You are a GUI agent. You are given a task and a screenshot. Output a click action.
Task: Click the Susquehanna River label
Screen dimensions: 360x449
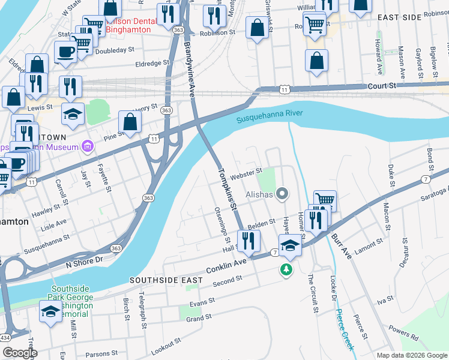pos(269,116)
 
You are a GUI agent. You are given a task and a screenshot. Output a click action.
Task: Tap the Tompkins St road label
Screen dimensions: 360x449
pos(228,188)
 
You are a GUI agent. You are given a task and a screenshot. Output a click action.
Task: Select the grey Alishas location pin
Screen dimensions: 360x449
pos(284,194)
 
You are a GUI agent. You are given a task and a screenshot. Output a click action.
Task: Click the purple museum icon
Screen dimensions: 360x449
pos(88,146)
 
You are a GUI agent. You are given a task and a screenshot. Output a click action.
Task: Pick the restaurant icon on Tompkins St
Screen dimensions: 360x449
pos(248,241)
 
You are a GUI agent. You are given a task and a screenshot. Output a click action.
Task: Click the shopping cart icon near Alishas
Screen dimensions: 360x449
pos(325,200)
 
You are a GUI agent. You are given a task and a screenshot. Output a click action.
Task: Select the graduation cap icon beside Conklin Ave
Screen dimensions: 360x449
pos(289,245)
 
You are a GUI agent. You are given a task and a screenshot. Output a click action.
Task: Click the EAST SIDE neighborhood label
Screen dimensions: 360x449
pos(399,17)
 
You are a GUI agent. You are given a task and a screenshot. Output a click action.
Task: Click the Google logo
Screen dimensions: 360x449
pos(19,353)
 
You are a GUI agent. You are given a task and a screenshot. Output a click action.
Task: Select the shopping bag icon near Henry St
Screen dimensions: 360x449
pos(130,122)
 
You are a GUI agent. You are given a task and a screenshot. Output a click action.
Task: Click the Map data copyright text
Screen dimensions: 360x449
pos(412,355)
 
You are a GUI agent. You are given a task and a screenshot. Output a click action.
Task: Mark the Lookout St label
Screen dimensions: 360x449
pos(165,346)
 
